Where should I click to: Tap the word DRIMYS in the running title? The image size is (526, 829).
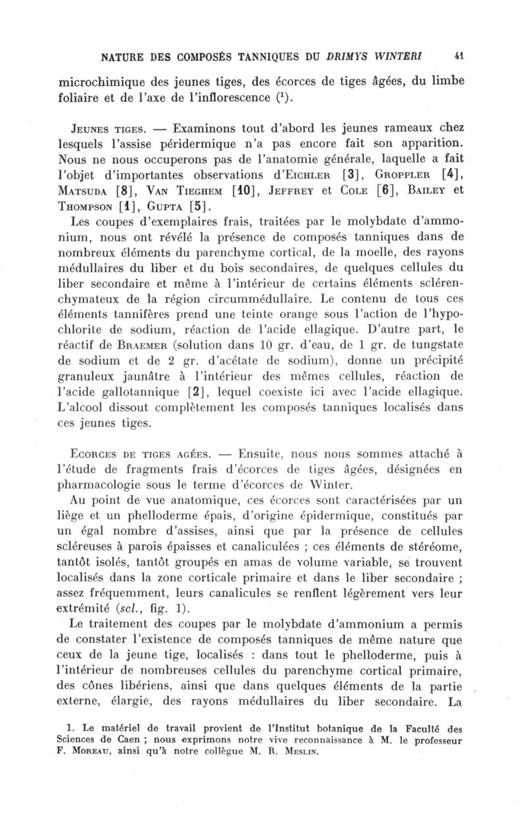350,56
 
